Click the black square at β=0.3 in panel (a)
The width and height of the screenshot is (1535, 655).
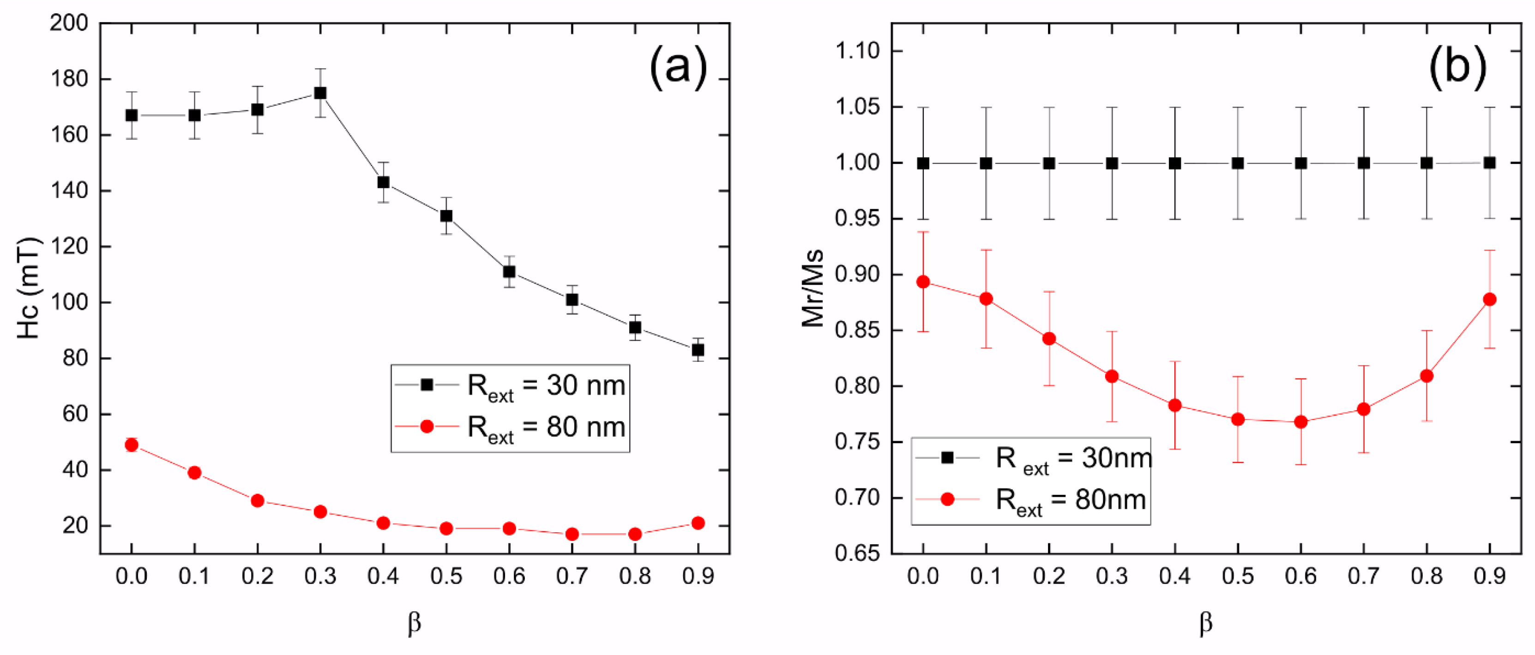coord(320,93)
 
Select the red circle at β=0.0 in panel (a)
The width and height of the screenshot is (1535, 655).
coord(132,445)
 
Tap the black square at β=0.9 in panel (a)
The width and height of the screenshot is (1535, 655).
coord(698,350)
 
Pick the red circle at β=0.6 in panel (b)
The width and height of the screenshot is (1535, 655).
coord(1301,422)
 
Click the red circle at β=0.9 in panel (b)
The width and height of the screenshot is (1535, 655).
coord(1489,299)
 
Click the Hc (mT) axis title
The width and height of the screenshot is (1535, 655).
coord(28,288)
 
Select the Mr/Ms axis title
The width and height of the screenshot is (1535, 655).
coord(812,288)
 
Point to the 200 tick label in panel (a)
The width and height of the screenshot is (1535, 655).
coord(68,24)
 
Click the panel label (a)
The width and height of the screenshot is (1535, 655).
coord(678,67)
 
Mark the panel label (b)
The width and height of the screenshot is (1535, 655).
coord(1457,67)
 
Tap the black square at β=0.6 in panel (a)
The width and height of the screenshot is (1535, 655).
coord(509,272)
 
